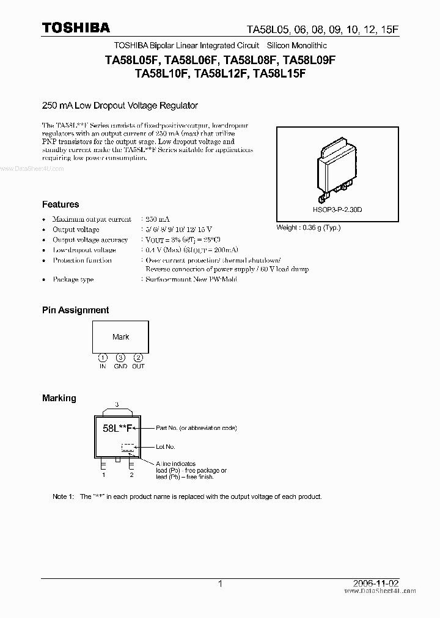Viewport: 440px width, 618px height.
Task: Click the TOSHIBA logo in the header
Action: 76,27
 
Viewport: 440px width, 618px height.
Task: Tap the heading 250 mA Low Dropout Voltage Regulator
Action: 120,106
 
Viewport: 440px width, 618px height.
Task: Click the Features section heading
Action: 61,205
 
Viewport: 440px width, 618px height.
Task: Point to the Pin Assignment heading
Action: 75,310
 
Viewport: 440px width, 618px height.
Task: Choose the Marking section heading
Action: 59,398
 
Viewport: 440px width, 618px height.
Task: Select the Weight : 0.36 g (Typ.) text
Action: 309,228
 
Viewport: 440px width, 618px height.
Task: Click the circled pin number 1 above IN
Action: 103,357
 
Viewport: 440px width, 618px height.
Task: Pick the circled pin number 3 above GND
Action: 120,357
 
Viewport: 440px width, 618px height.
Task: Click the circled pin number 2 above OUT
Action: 139,357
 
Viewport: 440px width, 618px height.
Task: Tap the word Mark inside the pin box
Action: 120,336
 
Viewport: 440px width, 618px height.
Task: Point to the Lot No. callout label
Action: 166,447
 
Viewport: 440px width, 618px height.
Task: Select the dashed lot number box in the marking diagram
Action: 128,447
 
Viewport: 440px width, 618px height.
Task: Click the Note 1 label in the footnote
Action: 64,496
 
